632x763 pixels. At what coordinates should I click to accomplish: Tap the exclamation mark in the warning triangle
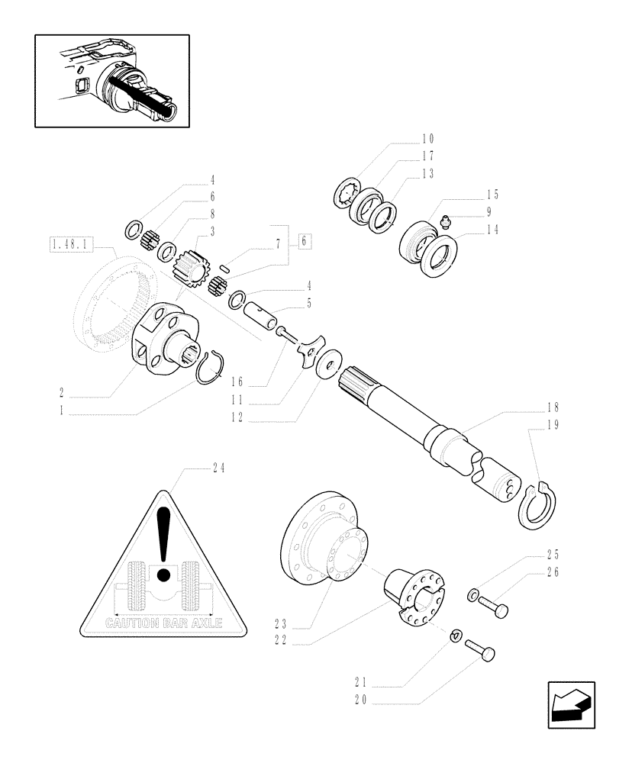point(162,543)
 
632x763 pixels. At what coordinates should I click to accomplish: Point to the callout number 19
point(553,427)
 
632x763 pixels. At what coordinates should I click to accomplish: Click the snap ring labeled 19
point(541,504)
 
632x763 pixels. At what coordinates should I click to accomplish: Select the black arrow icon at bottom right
point(570,706)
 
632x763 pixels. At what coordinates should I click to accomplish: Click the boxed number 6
point(303,240)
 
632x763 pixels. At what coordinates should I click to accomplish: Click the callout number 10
point(427,139)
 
